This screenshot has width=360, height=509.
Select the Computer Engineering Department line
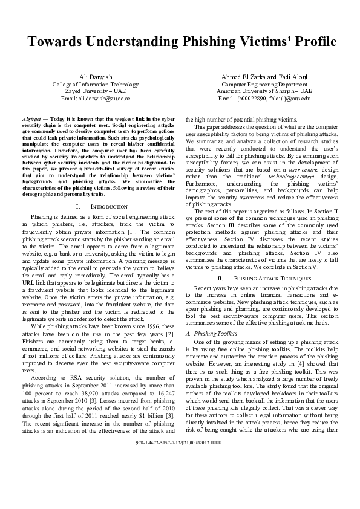pyautogui.click(x=264, y=84)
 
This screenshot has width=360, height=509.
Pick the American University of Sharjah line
pyautogui.click(x=264, y=91)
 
